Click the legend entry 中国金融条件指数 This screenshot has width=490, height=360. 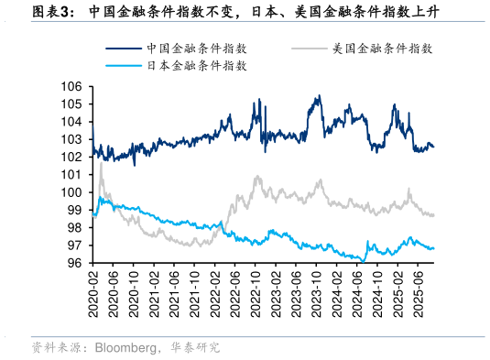196,49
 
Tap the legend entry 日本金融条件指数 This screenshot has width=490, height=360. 196,66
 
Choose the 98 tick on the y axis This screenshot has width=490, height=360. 76,227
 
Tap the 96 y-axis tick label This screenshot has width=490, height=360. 76,263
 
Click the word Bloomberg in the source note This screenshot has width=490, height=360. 123,348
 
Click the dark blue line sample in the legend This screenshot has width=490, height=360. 125,49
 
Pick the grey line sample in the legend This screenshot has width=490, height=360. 310,49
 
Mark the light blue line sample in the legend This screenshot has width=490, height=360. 125,66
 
